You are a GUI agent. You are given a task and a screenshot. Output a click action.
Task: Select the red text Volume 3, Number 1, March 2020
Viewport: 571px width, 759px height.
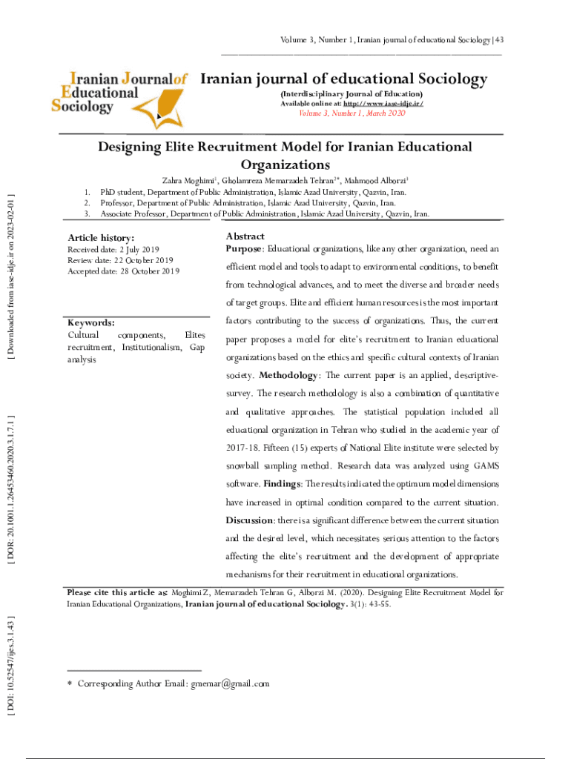click(x=351, y=113)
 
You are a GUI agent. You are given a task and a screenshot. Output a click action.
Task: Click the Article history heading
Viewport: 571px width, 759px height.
click(x=101, y=238)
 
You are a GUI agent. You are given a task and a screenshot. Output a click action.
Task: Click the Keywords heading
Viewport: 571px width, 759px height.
click(x=90, y=323)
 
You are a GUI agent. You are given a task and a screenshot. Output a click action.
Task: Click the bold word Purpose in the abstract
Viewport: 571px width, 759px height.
click(x=243, y=248)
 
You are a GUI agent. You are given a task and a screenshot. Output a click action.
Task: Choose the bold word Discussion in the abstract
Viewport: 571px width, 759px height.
click(x=250, y=520)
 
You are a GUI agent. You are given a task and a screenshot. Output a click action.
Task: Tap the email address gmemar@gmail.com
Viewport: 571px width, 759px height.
click(x=232, y=683)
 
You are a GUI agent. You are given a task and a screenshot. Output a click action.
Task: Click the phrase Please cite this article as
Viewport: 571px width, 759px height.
click(x=116, y=593)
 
